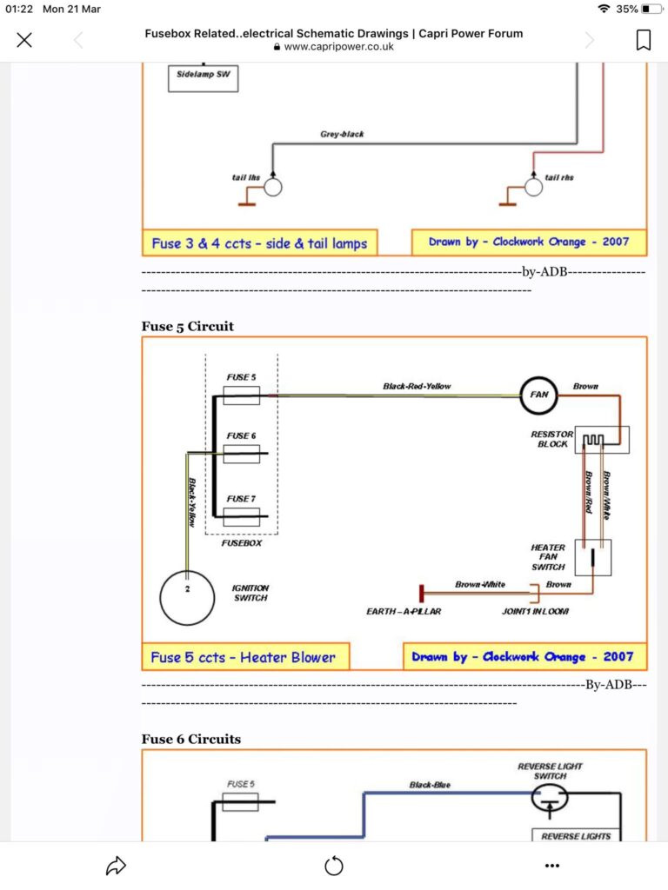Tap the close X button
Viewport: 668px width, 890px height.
(24, 40)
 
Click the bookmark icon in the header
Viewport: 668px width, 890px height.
(643, 40)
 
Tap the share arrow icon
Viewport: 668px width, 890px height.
(116, 866)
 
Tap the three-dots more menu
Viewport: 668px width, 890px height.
(552, 866)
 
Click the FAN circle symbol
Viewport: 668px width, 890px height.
(538, 395)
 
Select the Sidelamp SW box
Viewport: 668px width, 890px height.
(203, 78)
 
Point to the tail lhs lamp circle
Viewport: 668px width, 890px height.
(272, 187)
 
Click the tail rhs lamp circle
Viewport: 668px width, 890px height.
(533, 187)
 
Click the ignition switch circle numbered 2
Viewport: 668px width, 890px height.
(188, 598)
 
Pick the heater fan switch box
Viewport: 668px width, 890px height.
(593, 557)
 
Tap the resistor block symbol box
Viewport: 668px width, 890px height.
(602, 440)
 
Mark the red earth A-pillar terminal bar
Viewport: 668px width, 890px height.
(422, 594)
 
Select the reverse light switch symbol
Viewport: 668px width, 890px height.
(550, 798)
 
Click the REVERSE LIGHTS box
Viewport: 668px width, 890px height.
(576, 835)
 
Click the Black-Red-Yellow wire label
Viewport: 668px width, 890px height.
(417, 387)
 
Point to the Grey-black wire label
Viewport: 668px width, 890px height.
(342, 134)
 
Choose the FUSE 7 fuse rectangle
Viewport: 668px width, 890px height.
(242, 516)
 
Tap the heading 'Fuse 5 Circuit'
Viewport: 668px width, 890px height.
(188, 327)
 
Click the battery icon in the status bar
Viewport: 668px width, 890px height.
(652, 9)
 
